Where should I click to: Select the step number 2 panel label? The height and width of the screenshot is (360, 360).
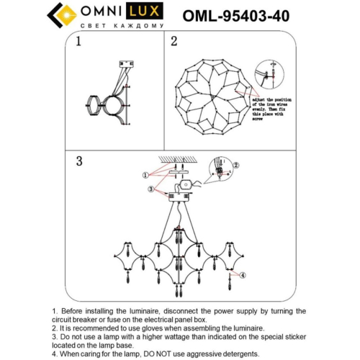point(174,42)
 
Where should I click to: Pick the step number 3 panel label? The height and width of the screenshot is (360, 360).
point(79,161)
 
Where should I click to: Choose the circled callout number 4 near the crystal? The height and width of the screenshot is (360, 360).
point(243,275)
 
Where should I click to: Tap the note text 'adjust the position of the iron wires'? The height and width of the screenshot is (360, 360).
point(271,104)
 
